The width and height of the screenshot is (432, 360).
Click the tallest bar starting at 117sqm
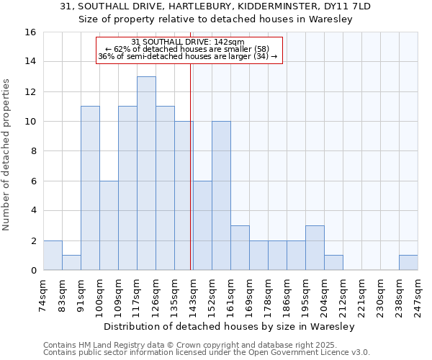146,174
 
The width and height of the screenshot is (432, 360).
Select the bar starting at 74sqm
53,256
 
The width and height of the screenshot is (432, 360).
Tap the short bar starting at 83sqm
71,263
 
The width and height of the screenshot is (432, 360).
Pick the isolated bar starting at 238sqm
408,263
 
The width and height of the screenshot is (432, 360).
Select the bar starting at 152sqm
221,196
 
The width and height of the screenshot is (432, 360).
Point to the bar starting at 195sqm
315,248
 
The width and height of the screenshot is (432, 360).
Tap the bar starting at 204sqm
333,263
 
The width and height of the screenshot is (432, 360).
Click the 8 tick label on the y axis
33,152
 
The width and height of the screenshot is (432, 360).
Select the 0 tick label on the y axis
33,271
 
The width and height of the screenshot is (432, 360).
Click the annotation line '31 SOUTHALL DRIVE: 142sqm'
189,42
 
